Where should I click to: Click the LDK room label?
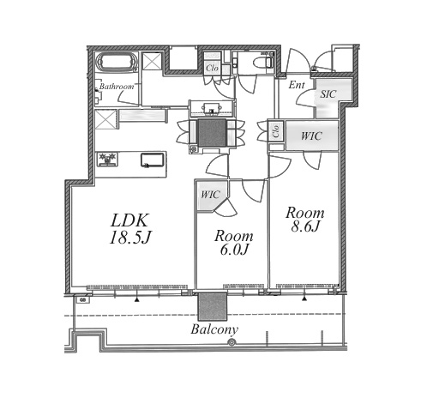129,220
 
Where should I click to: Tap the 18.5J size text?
129,238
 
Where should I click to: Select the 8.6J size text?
304,226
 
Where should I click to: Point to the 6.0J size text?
234,250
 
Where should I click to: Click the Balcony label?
214,329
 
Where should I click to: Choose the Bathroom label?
117,87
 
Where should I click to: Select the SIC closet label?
328,94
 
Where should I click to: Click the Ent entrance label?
297,85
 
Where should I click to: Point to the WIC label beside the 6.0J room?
210,195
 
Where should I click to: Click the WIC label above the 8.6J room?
311,136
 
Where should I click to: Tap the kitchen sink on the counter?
153,160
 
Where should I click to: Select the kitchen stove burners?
107,160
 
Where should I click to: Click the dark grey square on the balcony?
213,306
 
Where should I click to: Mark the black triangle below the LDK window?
137,299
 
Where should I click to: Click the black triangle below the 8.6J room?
304,298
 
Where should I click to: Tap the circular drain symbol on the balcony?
232,342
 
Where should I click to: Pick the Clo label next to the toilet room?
212,68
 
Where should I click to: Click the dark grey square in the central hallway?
212,132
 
